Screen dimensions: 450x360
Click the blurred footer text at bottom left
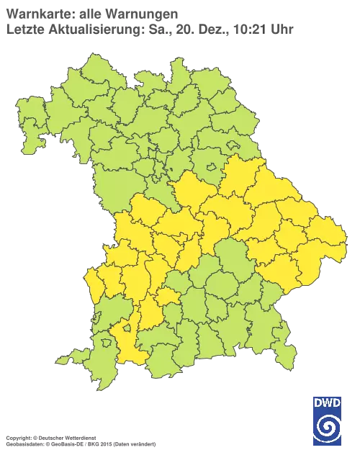(79, 438)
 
